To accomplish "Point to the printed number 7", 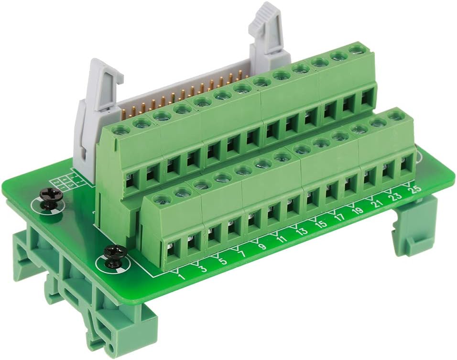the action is tap(243, 253).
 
